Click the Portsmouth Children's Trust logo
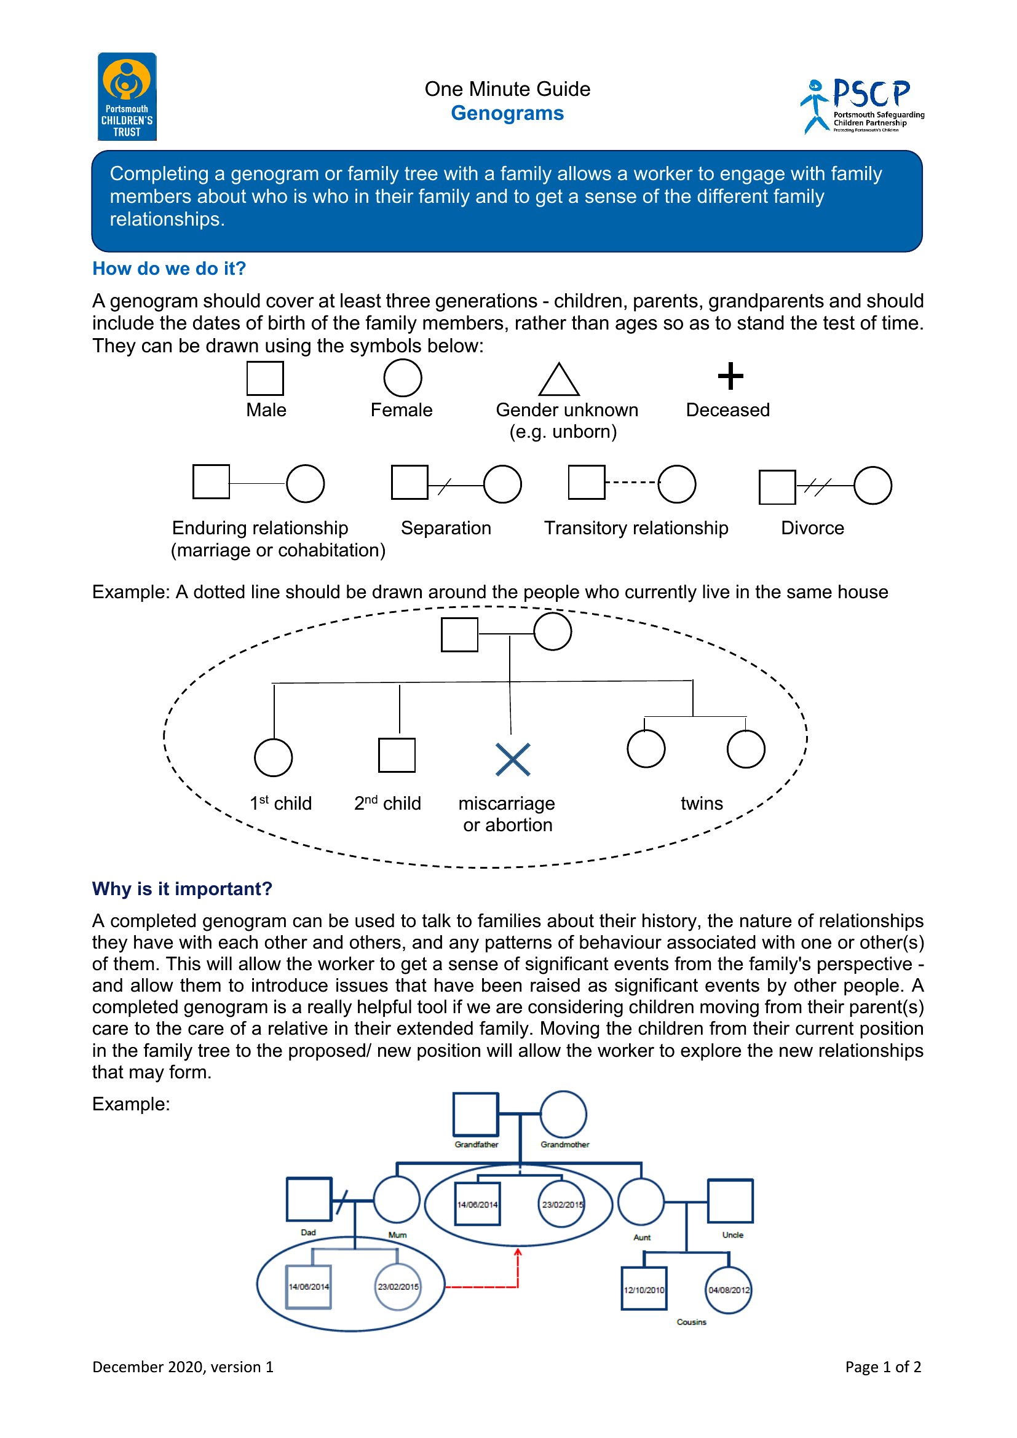127,97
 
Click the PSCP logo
862,106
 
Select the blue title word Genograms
507,113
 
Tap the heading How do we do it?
169,269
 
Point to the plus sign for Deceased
730,376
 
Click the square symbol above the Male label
265,395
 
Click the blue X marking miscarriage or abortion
513,760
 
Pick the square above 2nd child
397,739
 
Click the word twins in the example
702,804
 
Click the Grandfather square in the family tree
476,1094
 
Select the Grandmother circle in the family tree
564,1092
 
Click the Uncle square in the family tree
730,1180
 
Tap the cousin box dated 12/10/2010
644,1268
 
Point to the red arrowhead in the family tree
518,1251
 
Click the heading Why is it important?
182,889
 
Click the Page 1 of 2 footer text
883,1367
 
